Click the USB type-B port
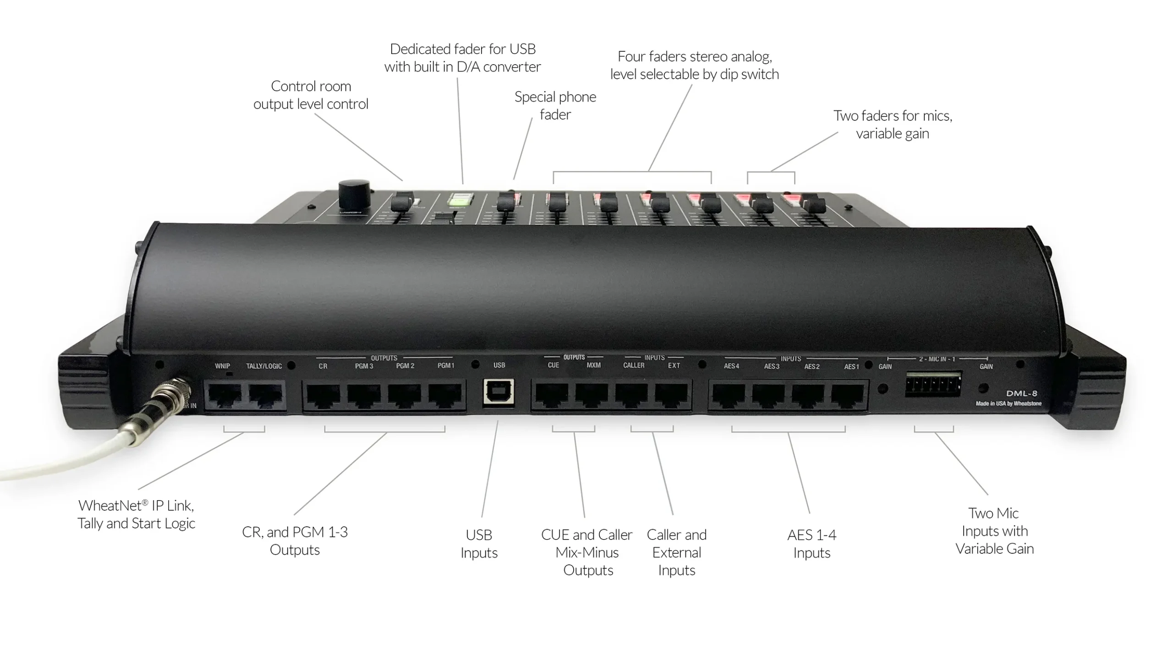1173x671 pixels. point(498,393)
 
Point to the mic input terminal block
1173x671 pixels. point(933,384)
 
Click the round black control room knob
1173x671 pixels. point(354,196)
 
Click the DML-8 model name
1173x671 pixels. point(1021,393)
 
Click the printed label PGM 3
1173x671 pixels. point(364,366)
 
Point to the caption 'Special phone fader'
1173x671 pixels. point(555,105)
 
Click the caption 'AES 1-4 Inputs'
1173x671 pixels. point(811,543)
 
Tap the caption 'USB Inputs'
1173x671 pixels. point(479,543)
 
